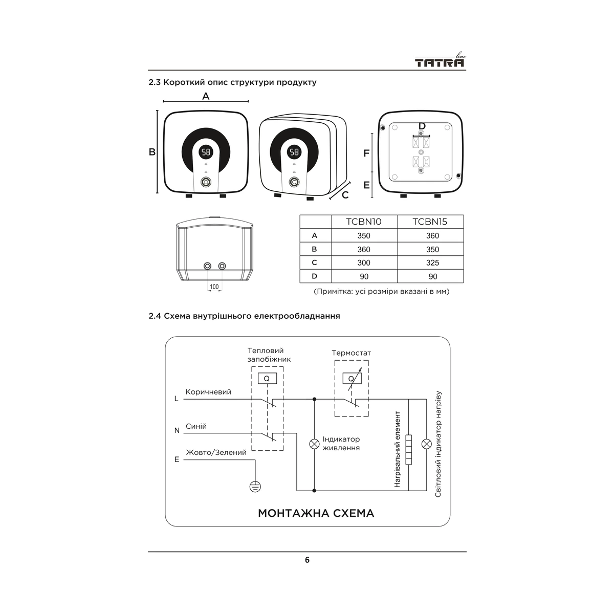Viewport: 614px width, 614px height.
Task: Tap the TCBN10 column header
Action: coord(364,222)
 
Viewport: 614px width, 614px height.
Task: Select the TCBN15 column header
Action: coord(430,222)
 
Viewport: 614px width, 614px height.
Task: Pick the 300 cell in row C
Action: coord(364,263)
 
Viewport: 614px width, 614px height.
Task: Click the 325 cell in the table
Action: coord(432,263)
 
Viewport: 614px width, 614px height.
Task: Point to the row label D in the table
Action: coord(315,276)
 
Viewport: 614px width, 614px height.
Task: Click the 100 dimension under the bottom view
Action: coord(214,287)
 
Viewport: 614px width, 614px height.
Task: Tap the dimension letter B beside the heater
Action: coord(152,152)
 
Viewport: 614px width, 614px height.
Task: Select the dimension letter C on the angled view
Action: coord(345,195)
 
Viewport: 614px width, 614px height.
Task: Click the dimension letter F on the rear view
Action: coord(366,153)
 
